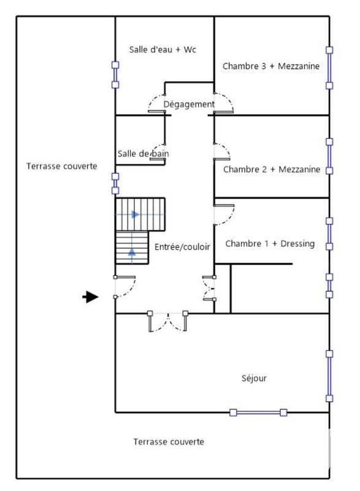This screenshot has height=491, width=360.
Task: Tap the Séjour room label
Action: [254, 379]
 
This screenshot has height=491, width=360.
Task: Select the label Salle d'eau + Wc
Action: [163, 50]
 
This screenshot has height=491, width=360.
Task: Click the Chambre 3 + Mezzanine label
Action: [270, 66]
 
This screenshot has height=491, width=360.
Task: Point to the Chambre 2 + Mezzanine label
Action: [271, 169]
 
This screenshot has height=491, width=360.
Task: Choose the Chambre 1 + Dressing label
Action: [270, 244]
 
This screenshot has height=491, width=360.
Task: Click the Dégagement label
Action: [189, 104]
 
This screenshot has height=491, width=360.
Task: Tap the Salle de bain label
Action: [143, 153]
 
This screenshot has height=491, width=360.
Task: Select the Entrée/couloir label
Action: [183, 247]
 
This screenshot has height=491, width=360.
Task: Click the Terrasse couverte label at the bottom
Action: [169, 442]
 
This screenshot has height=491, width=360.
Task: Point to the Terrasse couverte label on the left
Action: [61, 166]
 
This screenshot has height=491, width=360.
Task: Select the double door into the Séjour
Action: [167, 321]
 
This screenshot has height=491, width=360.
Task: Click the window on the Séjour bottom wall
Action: [258, 412]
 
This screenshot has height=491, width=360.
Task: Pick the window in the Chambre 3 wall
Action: [329, 68]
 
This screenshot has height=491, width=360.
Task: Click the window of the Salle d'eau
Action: [115, 74]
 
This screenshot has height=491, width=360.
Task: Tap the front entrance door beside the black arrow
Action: [123, 287]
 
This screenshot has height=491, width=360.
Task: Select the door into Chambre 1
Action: [222, 215]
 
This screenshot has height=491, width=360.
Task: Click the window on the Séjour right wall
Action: [329, 376]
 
